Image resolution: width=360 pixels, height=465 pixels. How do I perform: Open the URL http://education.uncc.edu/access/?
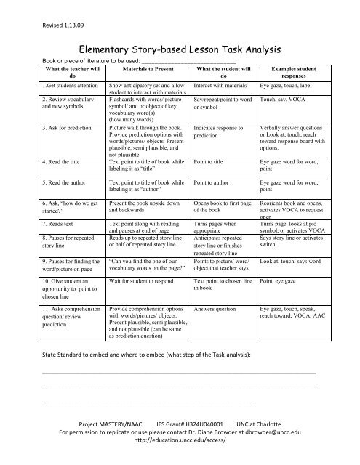[x=179, y=441]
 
